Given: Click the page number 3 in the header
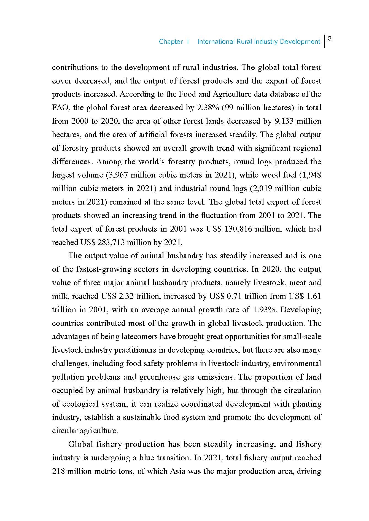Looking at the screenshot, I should click(330, 38).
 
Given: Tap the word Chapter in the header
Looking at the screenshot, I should click(171, 42).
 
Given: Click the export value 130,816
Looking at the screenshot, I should click(239, 229).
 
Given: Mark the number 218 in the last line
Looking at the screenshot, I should click(58, 471).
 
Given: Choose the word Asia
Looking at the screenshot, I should click(177, 471).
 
